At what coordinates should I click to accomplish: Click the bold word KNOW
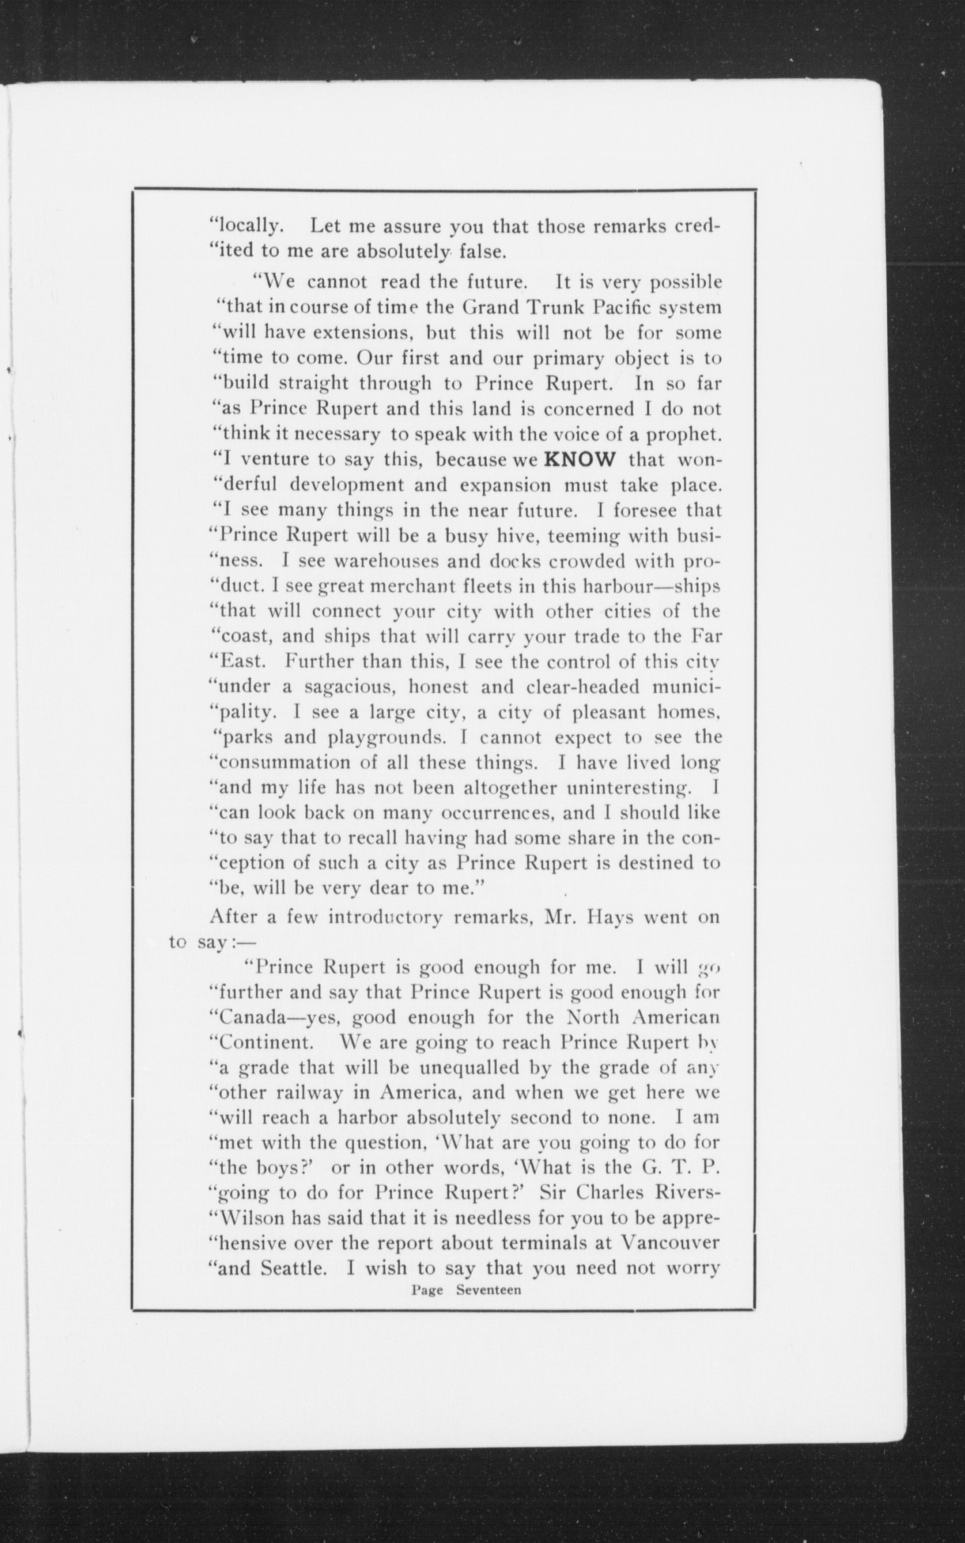580,460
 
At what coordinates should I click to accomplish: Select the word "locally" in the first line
247,227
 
